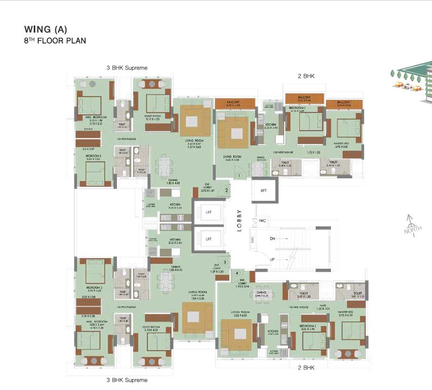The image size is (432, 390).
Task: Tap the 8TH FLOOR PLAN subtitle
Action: (x=55, y=41)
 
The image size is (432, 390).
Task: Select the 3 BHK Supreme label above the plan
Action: (x=127, y=68)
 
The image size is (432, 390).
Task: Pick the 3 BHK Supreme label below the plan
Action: (x=127, y=380)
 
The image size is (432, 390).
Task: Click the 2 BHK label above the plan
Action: (x=306, y=77)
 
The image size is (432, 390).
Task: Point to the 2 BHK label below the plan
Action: (x=306, y=368)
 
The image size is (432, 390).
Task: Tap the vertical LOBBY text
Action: (x=239, y=220)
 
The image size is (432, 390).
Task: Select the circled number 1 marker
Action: (x=238, y=176)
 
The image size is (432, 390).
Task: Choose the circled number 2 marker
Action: (x=227, y=190)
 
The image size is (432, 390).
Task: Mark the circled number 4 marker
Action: (x=237, y=273)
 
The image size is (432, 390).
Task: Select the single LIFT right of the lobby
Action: (x=264, y=191)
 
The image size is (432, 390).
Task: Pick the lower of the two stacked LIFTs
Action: (x=207, y=238)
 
